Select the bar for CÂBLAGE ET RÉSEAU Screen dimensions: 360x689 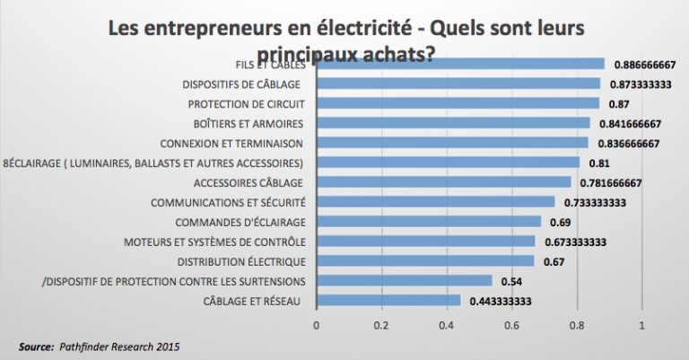tap(388, 300)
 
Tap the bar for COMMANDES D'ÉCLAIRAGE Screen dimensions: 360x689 tap(428, 221)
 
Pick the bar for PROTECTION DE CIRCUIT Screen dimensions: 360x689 tap(458, 103)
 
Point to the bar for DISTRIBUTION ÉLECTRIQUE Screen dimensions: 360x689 tap(424, 260)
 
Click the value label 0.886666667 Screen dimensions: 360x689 tap(644, 65)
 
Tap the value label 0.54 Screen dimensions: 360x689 tap(511, 282)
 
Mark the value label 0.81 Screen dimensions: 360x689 tap(599, 163)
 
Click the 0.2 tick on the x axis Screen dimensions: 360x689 tap(381, 325)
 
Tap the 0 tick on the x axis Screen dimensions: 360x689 tap(316, 325)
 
